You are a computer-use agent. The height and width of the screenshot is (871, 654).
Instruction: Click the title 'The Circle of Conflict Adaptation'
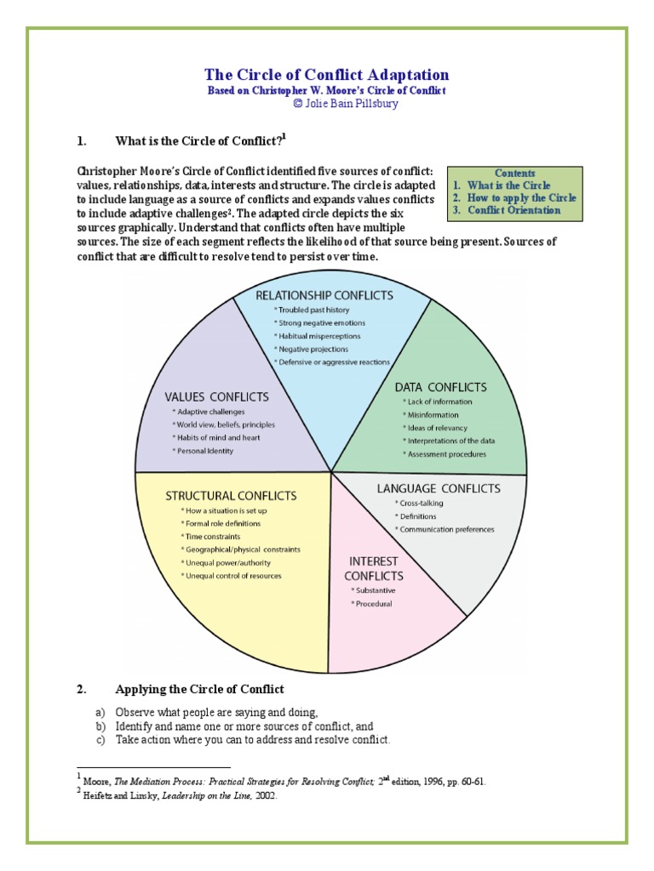pyautogui.click(x=327, y=75)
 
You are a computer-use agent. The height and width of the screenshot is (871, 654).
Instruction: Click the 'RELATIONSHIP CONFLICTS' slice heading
pyautogui.click(x=325, y=295)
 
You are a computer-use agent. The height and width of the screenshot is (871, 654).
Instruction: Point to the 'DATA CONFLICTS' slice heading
pyautogui.click(x=440, y=387)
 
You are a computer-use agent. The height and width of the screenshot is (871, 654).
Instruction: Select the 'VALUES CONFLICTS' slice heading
pyautogui.click(x=216, y=396)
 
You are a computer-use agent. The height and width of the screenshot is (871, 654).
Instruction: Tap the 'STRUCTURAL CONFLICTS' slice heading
pyautogui.click(x=231, y=495)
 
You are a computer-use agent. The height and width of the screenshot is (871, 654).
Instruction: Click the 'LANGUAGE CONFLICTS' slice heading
pyautogui.click(x=439, y=488)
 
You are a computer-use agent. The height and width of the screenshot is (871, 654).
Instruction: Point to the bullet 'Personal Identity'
pyautogui.click(x=204, y=450)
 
